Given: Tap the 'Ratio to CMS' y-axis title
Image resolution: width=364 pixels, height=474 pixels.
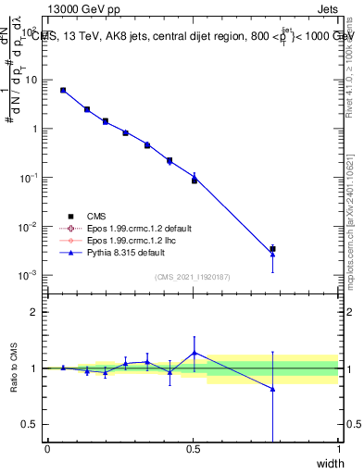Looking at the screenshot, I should pyautogui.click(x=14, y=368).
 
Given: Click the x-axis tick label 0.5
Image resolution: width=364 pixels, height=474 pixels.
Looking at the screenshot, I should pyautogui.click(x=193, y=450).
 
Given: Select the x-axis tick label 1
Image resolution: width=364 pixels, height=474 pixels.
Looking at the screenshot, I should pyautogui.click(x=338, y=450).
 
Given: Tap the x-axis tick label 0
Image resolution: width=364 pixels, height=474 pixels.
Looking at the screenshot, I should pyautogui.click(x=47, y=450).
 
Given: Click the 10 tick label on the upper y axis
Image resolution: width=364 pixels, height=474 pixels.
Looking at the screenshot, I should pyautogui.click(x=32, y=81).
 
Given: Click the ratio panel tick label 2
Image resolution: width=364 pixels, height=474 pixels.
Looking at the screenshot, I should pyautogui.click(x=37, y=312).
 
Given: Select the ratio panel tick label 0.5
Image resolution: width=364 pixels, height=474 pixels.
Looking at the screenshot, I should pyautogui.click(x=33, y=424).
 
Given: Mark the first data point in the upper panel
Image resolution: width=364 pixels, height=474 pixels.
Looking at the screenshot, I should pyautogui.click(x=63, y=90).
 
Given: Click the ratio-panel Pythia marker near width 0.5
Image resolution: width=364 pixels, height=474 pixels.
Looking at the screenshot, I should pyautogui.click(x=194, y=352).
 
